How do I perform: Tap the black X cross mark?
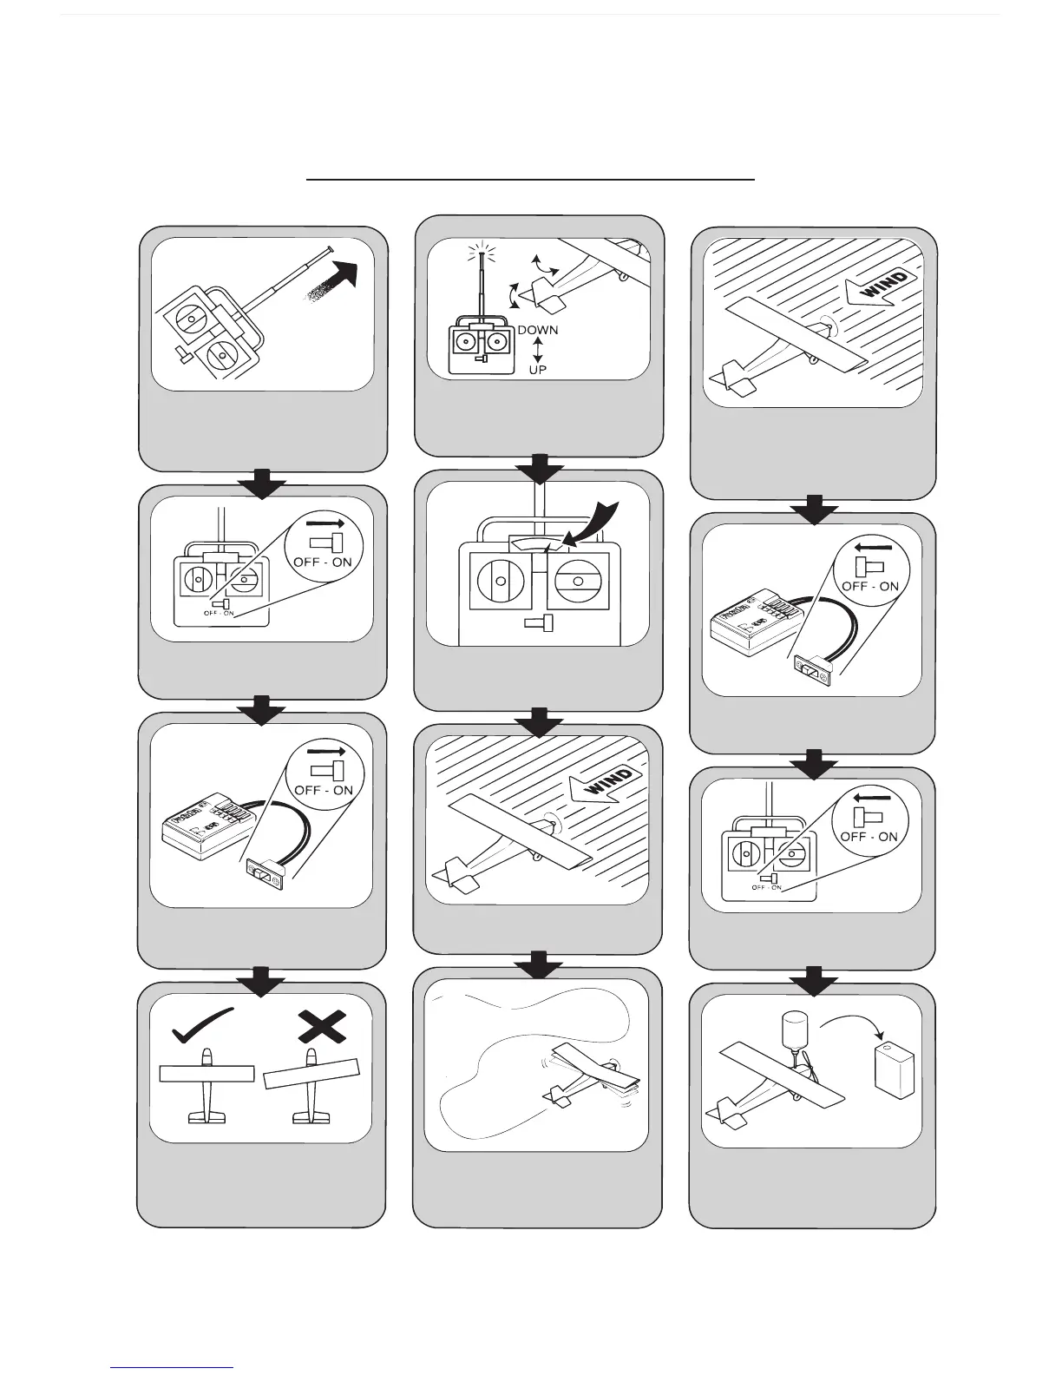323,1027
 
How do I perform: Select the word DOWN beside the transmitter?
538,330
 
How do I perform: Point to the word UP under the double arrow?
538,369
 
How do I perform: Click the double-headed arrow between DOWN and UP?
538,350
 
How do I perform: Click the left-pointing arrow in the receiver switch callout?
863,547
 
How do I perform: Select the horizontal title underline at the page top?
530,180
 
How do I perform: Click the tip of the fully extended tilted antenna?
331,250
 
